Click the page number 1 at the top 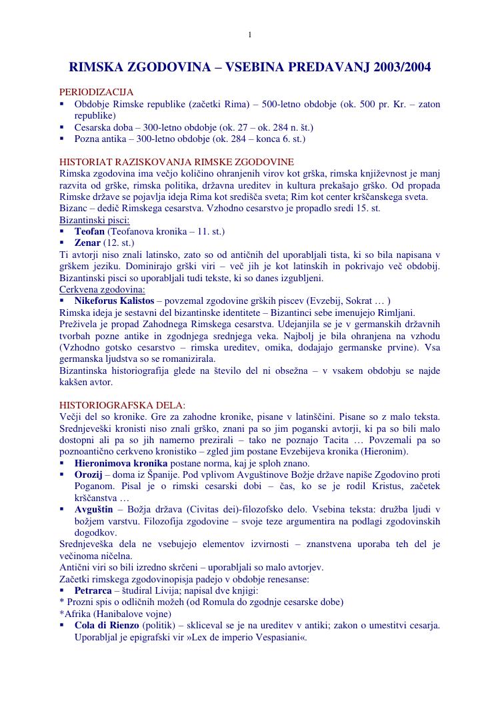point(249,35)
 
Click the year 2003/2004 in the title point(402,67)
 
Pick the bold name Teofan point(89,231)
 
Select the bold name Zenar point(87,243)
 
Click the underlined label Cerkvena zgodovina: point(102,289)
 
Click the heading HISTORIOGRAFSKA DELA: point(122,404)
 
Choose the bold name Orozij point(89,474)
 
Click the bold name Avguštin point(93,510)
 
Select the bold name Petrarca point(93,590)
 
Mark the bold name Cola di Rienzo point(107,626)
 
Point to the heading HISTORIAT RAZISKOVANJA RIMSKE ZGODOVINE point(176,162)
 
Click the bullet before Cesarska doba point(62,127)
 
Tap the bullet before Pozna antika point(62,139)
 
